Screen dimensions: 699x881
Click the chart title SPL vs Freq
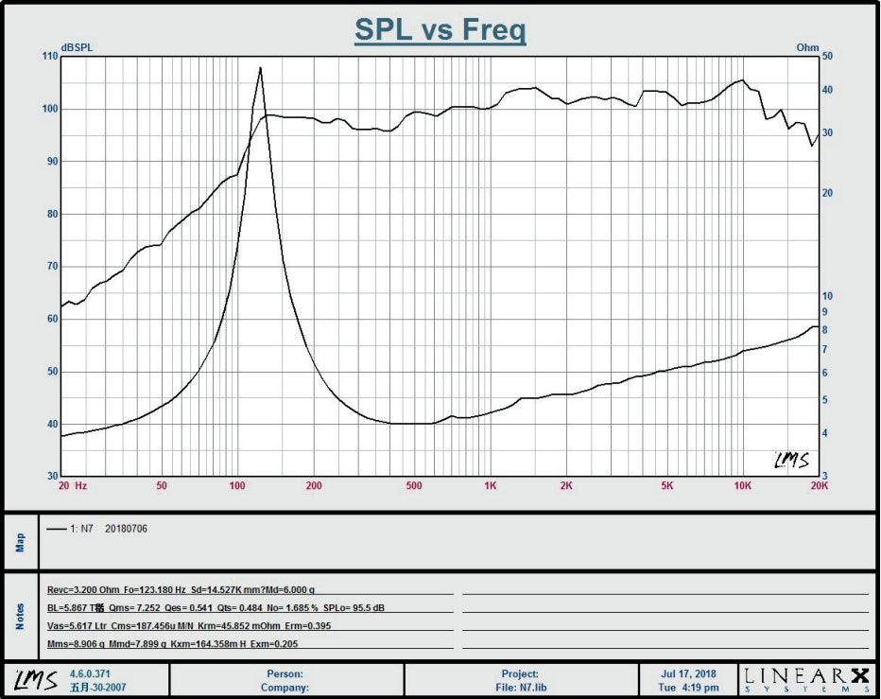coord(440,29)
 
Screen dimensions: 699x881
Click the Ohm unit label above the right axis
coord(807,47)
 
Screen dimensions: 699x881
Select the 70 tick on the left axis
coord(51,267)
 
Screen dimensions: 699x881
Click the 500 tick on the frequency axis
coord(414,486)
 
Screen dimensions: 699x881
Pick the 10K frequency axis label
coord(743,486)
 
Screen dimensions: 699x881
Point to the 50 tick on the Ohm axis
coord(827,57)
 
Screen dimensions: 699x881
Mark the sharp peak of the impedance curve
coord(260,69)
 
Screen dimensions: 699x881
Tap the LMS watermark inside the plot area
coord(791,460)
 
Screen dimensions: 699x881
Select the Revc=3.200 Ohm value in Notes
coord(83,589)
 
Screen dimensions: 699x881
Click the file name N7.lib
coord(539,688)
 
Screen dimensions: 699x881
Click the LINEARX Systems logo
coord(805,679)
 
